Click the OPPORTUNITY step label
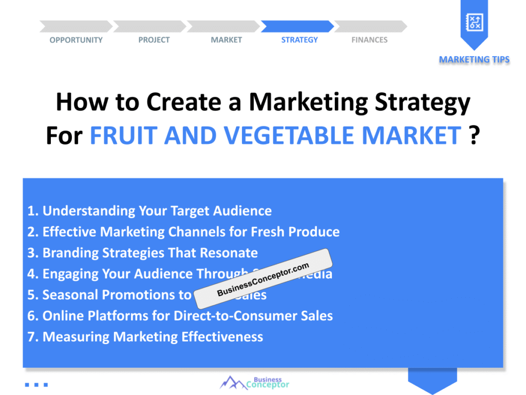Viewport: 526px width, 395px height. tap(76, 40)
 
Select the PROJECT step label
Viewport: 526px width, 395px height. tap(154, 40)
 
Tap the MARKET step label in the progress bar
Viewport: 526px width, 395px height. tap(226, 40)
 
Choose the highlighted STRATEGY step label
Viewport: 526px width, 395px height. tap(299, 40)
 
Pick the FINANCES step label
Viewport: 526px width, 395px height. tap(369, 40)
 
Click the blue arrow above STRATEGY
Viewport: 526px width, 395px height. tap(297, 26)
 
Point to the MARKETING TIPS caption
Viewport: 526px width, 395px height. tap(474, 60)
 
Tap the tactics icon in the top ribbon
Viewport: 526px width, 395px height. tap(474, 22)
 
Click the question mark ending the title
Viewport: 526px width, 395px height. tap(475, 136)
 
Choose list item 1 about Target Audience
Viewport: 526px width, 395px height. tap(149, 211)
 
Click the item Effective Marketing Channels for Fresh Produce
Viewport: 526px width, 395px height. tap(183, 232)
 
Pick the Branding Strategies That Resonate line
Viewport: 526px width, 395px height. tap(142, 253)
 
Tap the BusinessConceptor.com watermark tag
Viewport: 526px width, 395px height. tap(263, 279)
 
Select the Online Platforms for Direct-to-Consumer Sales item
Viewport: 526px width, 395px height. tap(180, 316)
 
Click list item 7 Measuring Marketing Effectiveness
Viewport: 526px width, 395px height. tap(145, 337)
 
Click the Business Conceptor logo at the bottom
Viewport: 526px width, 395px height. tap(255, 382)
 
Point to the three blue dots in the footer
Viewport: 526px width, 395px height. tap(36, 384)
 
